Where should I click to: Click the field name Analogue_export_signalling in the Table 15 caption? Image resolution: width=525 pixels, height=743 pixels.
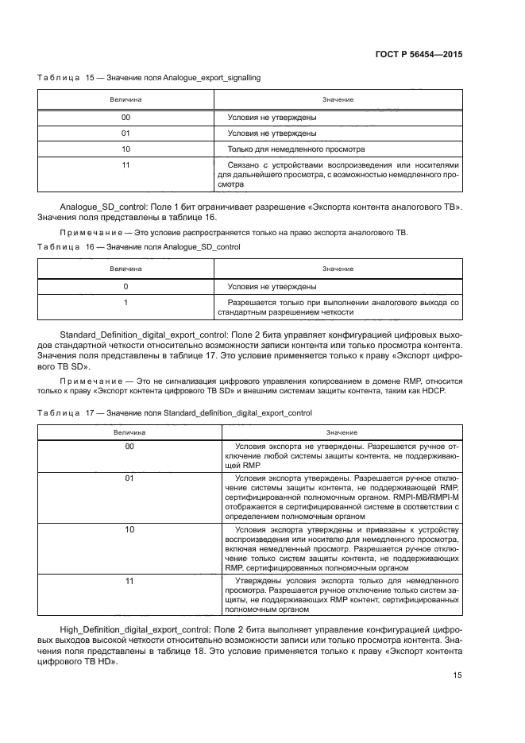[x=212, y=78]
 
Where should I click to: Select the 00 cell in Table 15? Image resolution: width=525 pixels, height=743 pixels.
[x=125, y=118]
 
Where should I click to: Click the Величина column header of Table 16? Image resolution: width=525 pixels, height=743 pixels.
[x=125, y=269]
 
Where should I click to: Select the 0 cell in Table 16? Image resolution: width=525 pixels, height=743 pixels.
[x=125, y=286]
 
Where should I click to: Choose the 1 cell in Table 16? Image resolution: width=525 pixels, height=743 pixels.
[x=125, y=303]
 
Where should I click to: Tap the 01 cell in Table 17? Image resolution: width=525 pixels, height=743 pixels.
[x=129, y=479]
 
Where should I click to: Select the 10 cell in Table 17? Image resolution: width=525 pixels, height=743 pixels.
[x=129, y=529]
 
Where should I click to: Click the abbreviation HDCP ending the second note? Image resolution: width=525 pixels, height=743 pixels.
[x=434, y=392]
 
